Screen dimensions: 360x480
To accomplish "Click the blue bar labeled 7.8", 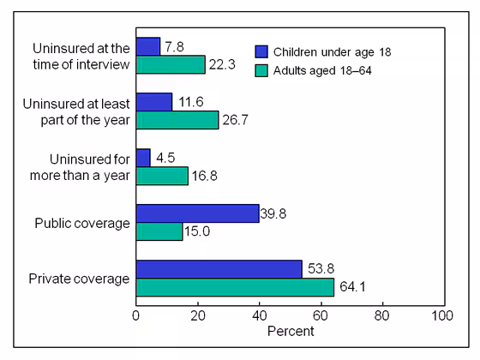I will pos(148,46).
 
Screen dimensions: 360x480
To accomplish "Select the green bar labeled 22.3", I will pos(171,64).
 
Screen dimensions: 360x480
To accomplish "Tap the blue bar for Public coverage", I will pos(197,213).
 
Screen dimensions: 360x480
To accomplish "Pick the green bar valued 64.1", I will pos(234,287).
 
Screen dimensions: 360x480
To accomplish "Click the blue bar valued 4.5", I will pos(143,158).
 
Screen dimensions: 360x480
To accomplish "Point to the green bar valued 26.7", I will pos(177,120).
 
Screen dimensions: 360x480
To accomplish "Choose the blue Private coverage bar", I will pos(219,269).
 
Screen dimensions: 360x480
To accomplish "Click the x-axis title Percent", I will pos(290,331).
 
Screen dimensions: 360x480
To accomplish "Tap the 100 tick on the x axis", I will pos(442,315).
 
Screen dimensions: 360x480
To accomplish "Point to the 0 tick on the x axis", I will pos(136,315).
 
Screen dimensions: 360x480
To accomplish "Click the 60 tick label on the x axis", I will pos(321,315).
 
